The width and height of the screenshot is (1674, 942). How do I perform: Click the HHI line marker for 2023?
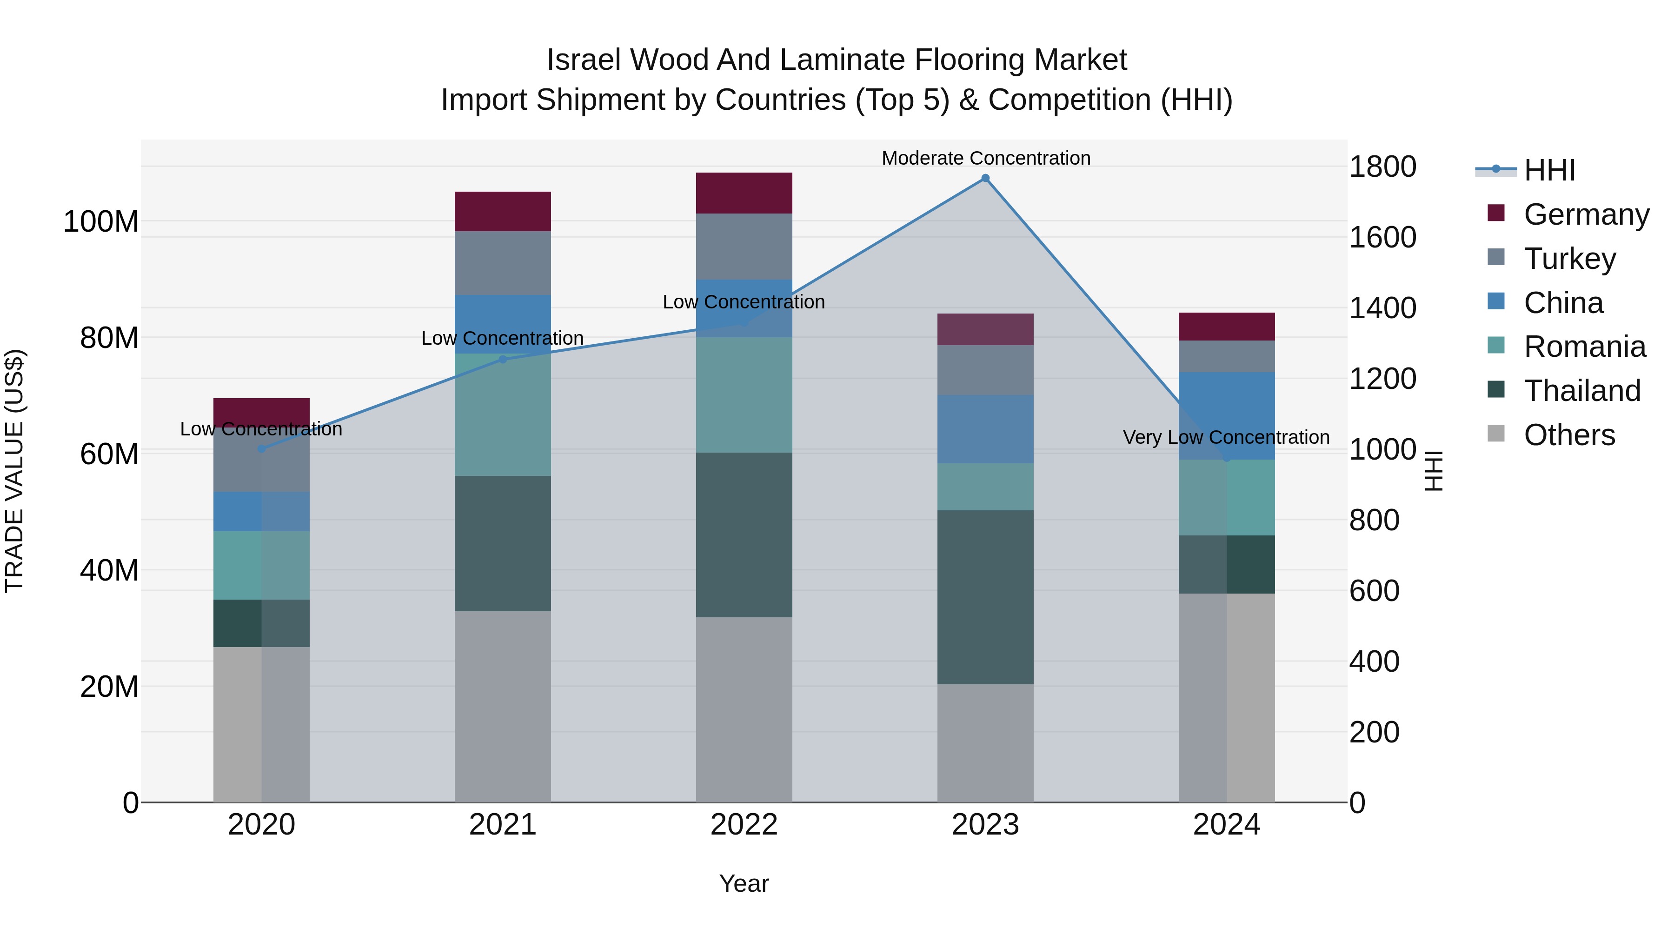(x=985, y=178)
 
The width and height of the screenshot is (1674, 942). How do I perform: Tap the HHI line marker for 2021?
(x=502, y=360)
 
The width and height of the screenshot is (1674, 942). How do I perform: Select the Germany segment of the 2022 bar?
(x=744, y=193)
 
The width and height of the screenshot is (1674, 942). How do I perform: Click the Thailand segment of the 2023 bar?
(x=985, y=597)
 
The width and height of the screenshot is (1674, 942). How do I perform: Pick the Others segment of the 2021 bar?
(x=502, y=706)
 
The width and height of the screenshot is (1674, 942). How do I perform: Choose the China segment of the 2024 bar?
(x=1226, y=415)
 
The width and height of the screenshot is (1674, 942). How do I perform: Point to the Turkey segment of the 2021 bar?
(x=502, y=263)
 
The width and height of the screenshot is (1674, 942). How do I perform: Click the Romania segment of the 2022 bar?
(x=744, y=394)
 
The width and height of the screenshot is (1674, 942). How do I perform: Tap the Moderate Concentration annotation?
(x=985, y=158)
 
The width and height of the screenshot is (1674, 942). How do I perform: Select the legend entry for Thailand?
(x=1582, y=391)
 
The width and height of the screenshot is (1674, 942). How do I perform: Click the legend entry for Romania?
(x=1584, y=347)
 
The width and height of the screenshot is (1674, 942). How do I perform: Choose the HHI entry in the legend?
(x=1549, y=170)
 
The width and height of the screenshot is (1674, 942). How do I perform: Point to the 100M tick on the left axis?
(x=101, y=222)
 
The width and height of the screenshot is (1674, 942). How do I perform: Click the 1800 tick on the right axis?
(x=1382, y=167)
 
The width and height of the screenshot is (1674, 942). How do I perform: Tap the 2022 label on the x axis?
(x=744, y=825)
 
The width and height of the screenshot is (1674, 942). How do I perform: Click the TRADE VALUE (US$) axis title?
(x=14, y=471)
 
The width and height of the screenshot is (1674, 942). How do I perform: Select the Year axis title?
(x=744, y=883)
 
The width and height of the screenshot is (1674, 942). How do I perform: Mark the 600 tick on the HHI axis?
(x=1374, y=591)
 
